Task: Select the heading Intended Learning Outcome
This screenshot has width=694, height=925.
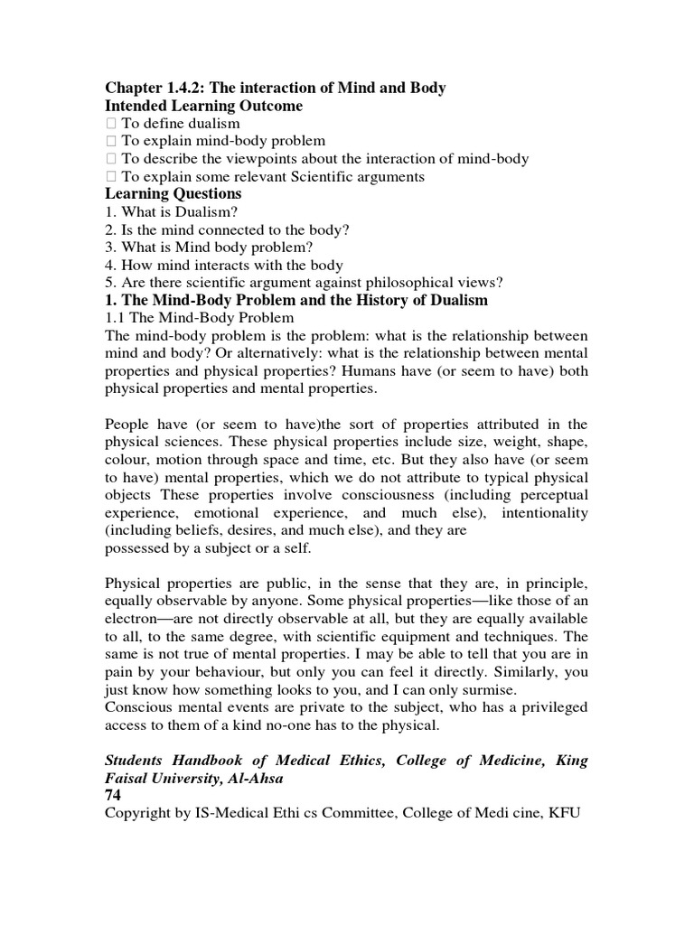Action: (204, 106)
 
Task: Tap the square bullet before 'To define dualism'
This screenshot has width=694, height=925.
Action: (110, 124)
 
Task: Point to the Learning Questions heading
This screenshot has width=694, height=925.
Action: (173, 194)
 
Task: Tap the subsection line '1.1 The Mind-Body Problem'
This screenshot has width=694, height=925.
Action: (200, 318)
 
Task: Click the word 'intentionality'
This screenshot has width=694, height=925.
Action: (541, 512)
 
